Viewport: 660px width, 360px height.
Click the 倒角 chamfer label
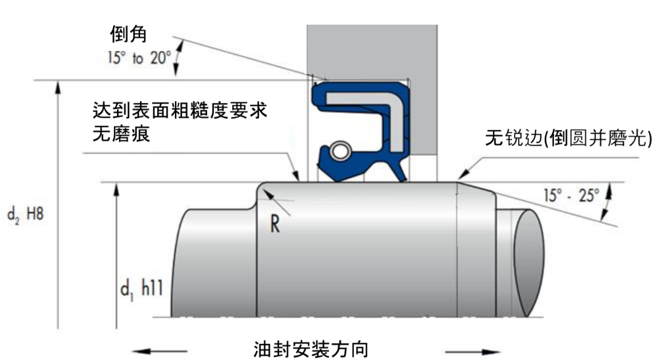(x=128, y=35)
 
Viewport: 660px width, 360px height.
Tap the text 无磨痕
(x=120, y=134)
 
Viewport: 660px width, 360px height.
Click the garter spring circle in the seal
(x=338, y=150)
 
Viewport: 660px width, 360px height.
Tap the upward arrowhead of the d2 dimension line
(x=58, y=88)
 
